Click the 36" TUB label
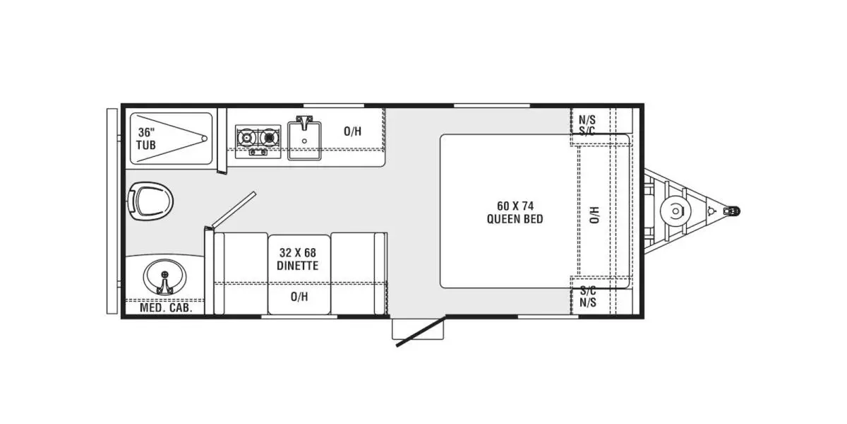coord(147,139)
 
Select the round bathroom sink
coord(163,276)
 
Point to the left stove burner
coord(246,137)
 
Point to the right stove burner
coord(268,137)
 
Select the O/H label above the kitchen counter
coord(352,131)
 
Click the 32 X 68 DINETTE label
coord(299,259)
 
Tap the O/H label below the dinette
coord(299,297)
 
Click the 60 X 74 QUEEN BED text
coord(515,212)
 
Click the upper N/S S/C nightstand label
coord(587,125)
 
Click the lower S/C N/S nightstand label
coord(587,297)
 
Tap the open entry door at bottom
coord(419,333)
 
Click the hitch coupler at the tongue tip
coord(733,211)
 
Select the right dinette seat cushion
coord(356,273)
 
